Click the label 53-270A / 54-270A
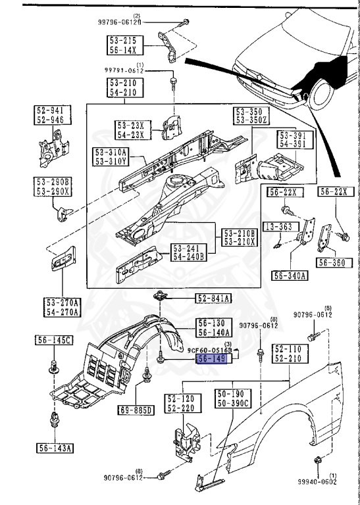63,306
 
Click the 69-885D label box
135,410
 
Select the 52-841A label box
213,299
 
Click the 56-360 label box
331,262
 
